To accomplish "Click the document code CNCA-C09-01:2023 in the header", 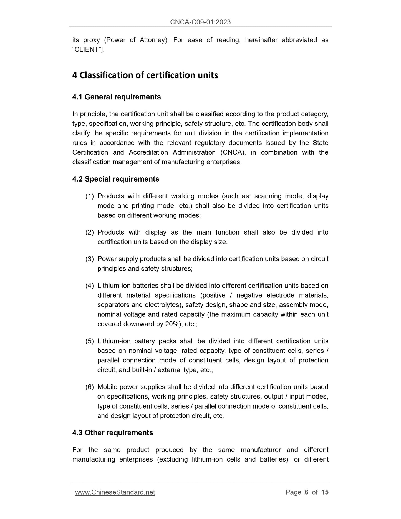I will coord(200,22).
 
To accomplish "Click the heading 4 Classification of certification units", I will coord(145,75).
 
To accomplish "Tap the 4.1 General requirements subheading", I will coord(117,97).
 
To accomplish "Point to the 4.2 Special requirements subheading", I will coord(116,179).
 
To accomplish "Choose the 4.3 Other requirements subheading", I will coord(113,433).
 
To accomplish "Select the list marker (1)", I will coord(90,196).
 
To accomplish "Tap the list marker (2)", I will coord(90,232).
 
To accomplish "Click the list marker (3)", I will coord(90,259).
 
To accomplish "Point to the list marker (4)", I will coord(90,286).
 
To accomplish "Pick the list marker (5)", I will coord(90,341).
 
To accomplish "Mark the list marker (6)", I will coord(90,387).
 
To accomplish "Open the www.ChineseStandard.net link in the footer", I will coord(115,492).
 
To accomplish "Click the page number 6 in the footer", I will coord(306,492).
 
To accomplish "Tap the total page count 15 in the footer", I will coord(325,492).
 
